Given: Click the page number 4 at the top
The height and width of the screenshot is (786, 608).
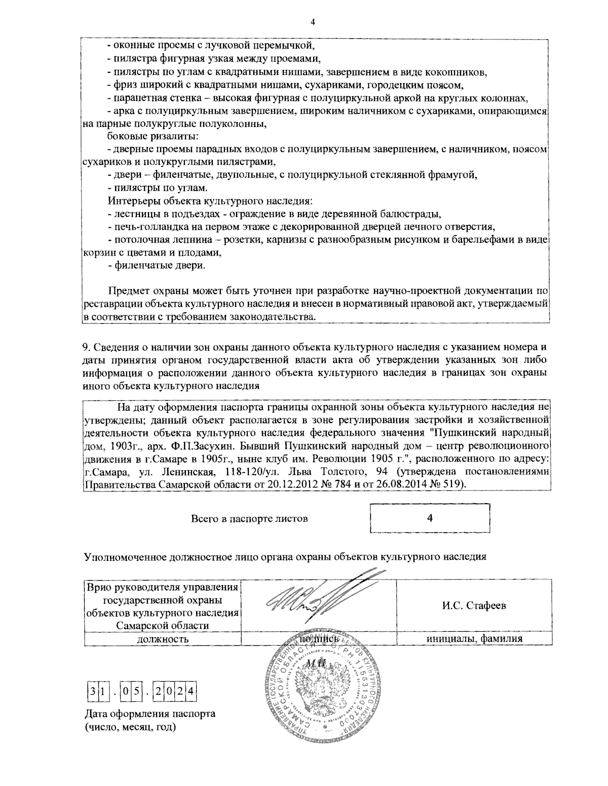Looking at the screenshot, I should tap(313, 22).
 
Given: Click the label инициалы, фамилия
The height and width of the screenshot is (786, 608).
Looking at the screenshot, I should tap(474, 639).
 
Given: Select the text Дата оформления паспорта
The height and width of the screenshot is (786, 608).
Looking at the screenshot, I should tap(150, 715).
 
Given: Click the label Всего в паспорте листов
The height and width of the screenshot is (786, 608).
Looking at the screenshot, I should tap(249, 519).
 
